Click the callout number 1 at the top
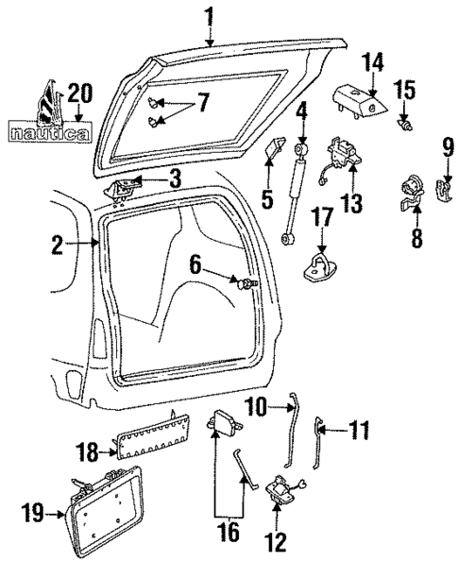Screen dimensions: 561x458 (x=209, y=16)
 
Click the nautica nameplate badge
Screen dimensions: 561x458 (x=48, y=133)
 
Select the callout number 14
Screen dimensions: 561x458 (x=375, y=62)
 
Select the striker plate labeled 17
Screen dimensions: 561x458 (x=319, y=267)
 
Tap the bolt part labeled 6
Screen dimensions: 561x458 (x=249, y=282)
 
